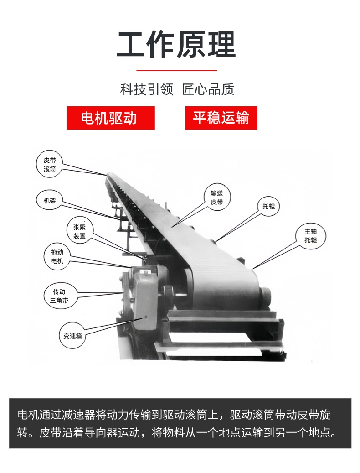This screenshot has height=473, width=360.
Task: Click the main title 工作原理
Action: [x=176, y=44]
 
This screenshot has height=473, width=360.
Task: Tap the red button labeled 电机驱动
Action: [x=111, y=118]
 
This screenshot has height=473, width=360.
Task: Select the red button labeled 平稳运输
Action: [x=221, y=118]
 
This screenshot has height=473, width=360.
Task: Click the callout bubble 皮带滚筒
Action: [x=49, y=165]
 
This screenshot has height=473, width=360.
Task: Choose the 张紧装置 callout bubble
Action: [x=79, y=232]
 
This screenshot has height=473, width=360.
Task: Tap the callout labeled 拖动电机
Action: [x=57, y=256]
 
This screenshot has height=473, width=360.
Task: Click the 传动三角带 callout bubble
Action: [x=59, y=296]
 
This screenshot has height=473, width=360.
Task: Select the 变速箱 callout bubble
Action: [x=72, y=336]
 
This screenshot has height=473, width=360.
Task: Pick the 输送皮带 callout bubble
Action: [x=217, y=198]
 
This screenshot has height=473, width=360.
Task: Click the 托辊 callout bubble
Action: [x=269, y=206]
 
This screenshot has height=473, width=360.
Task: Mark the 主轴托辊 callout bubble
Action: [x=311, y=236]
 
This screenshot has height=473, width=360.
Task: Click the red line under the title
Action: [x=177, y=71]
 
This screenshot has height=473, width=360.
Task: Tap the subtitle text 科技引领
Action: [x=147, y=89]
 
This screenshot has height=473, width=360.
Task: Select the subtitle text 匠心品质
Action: [x=208, y=89]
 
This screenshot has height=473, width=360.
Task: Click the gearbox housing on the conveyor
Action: [x=146, y=300]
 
